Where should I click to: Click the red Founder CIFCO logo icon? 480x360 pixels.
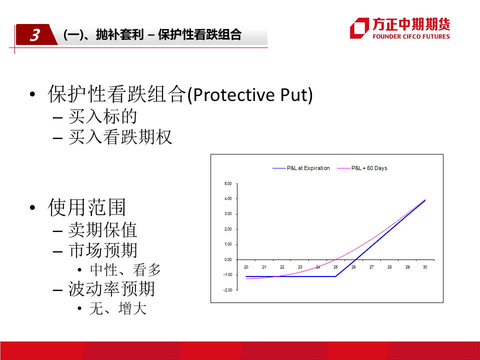click(359, 28)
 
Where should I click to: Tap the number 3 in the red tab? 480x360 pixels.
click(34, 35)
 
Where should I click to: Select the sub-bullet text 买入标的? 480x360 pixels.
click(103, 116)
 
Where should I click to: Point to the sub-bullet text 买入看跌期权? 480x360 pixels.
click(120, 136)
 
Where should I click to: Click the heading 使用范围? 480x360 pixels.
click(87, 207)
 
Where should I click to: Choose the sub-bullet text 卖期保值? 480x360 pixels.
click(103, 230)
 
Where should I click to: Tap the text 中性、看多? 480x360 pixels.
click(125, 270)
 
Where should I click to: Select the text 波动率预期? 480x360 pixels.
click(111, 288)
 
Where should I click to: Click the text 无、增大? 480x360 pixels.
click(118, 308)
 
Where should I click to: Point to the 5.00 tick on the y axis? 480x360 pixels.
click(228, 183)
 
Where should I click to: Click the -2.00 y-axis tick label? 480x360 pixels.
click(227, 290)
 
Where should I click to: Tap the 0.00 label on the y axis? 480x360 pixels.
click(228, 259)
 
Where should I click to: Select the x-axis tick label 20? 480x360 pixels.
click(246, 267)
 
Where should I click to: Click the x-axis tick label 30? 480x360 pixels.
click(425, 267)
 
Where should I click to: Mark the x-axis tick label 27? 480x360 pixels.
click(371, 267)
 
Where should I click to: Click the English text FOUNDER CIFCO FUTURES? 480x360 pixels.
click(411, 36)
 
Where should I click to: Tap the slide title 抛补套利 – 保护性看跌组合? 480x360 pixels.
click(168, 34)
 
